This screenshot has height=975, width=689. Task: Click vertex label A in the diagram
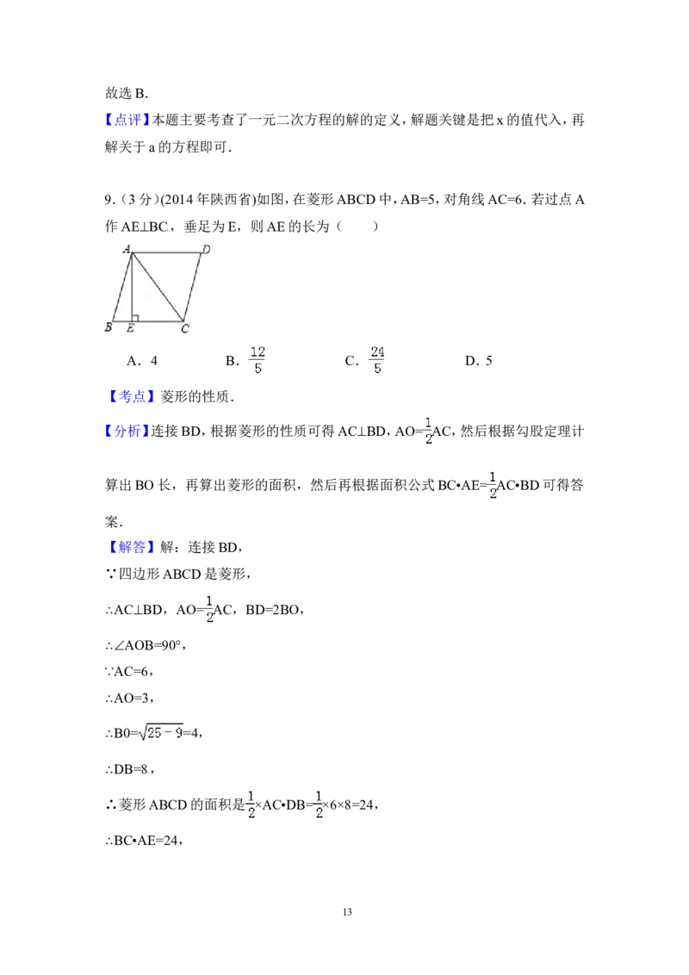pyautogui.click(x=126, y=250)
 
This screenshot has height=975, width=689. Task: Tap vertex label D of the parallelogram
pyautogui.click(x=206, y=250)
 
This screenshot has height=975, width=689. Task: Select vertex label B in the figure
pyautogui.click(x=108, y=327)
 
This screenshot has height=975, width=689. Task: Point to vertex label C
pyautogui.click(x=184, y=328)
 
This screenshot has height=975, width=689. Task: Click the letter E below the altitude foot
pyautogui.click(x=130, y=328)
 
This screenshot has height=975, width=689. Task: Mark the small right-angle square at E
pyautogui.click(x=135, y=318)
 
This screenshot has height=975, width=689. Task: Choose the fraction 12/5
pyautogui.click(x=258, y=358)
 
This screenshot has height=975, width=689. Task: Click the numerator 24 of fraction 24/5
pyautogui.click(x=376, y=351)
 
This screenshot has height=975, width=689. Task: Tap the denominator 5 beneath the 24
pyautogui.click(x=376, y=369)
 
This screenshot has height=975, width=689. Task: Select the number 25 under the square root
pyautogui.click(x=154, y=733)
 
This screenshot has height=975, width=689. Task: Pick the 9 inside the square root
pyautogui.click(x=179, y=733)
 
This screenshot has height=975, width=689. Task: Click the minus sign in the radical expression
pyautogui.click(x=168, y=733)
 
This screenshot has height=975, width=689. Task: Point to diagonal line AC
pyautogui.click(x=158, y=287)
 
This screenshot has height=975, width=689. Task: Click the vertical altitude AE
pyautogui.click(x=132, y=289)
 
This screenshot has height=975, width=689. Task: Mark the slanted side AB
pyautogui.click(x=122, y=287)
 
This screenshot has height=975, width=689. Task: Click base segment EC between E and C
pyautogui.click(x=158, y=321)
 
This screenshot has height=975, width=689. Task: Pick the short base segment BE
pyautogui.click(x=122, y=321)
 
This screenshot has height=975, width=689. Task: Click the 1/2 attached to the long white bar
pyautogui.click(x=207, y=608)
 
